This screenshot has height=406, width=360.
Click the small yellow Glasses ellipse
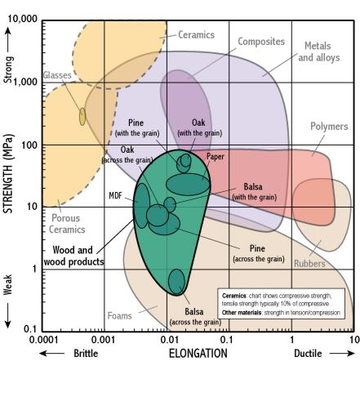tap(82, 117)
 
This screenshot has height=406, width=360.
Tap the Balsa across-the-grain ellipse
tap(176, 281)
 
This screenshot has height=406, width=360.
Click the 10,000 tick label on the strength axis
tap(22, 19)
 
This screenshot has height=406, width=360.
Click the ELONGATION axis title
tap(198, 354)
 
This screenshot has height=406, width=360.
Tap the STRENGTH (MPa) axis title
tap(8, 174)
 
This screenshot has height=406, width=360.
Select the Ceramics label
tap(196, 35)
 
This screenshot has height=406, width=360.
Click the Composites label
tap(261, 42)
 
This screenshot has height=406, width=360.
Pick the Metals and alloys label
tap(318, 51)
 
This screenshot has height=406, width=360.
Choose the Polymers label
tap(329, 127)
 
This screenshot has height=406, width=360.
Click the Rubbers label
tap(309, 264)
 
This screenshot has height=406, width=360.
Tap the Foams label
tap(119, 316)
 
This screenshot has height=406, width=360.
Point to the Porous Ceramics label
tap(67, 224)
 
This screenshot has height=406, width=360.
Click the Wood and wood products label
tap(73, 256)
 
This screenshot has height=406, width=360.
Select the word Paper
tap(216, 157)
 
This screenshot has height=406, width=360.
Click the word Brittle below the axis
tap(86, 354)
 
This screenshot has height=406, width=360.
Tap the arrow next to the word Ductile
tap(342, 354)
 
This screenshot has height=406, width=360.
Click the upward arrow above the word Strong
tap(8, 39)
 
